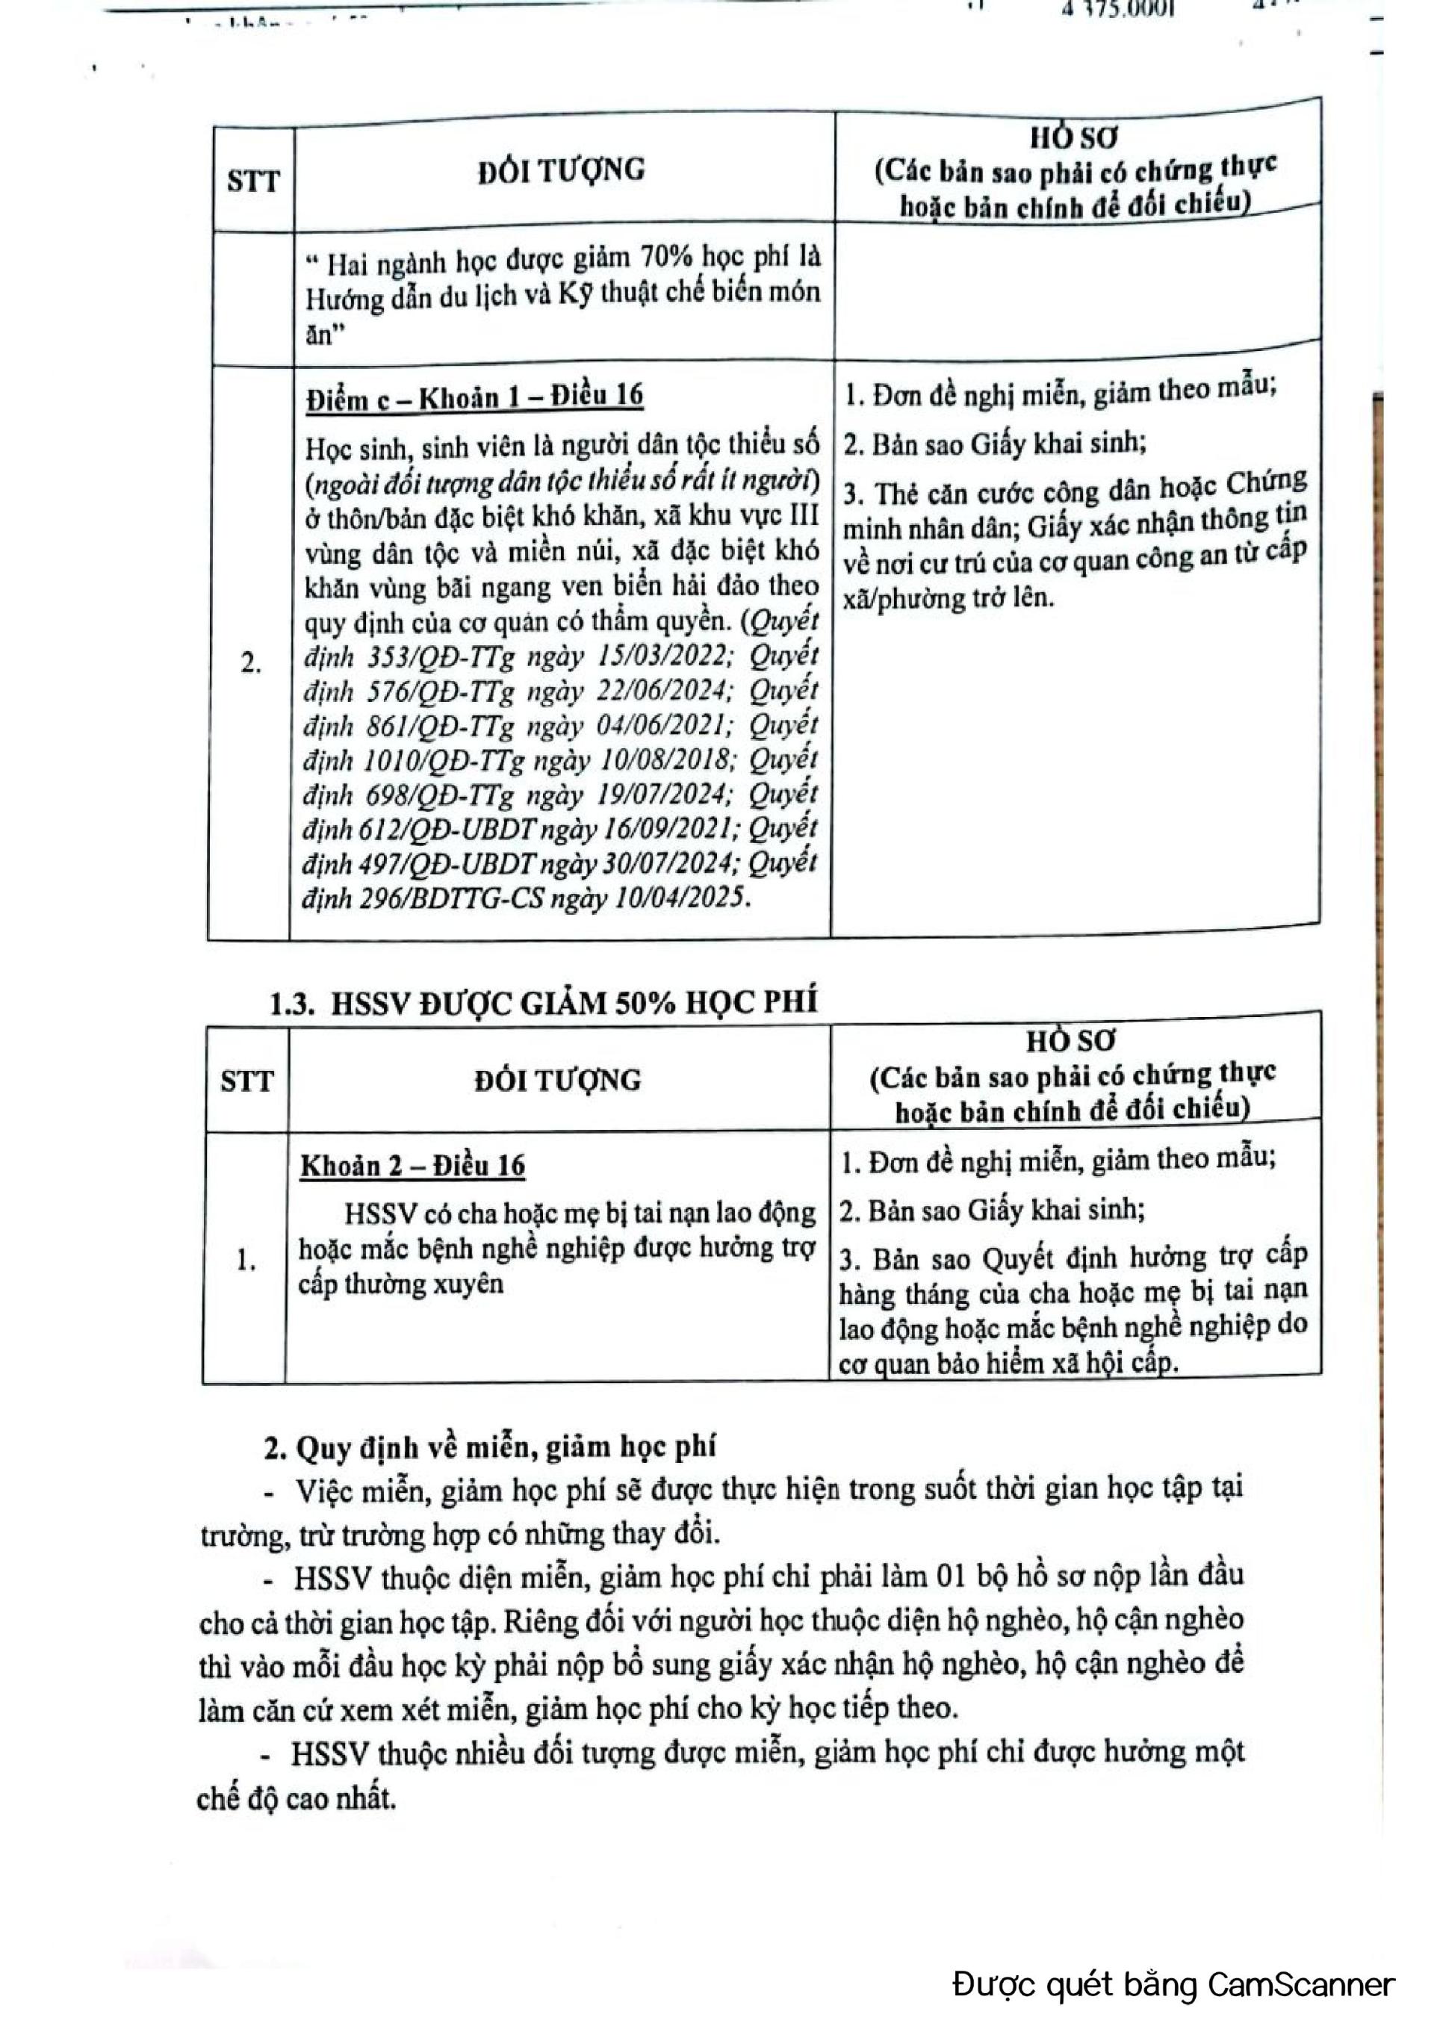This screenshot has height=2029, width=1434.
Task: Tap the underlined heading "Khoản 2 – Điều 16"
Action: (412, 1166)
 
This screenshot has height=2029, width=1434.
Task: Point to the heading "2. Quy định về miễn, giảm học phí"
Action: (490, 1447)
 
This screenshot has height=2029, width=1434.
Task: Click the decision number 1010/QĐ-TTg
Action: (444, 760)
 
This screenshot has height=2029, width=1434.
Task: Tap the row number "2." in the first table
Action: (251, 663)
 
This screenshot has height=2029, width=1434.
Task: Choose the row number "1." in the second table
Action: (246, 1261)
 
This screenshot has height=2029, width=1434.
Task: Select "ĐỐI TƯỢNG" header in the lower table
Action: (557, 1080)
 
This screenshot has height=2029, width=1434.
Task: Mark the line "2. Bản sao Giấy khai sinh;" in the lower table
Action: (991, 1210)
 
